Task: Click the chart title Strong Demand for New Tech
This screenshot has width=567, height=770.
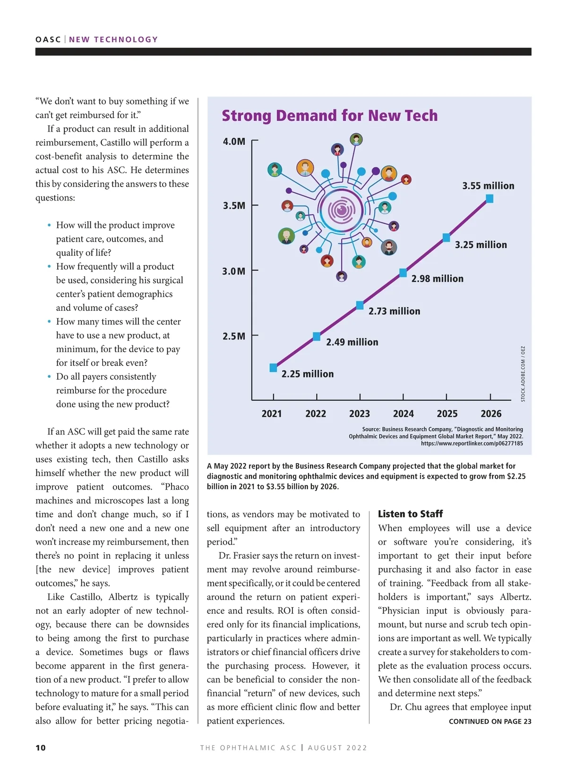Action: pos(329,116)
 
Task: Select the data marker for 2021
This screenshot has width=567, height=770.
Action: pos(273,368)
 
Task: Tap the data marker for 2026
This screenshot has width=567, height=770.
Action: pos(490,199)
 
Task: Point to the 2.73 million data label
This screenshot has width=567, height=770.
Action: pos(394,311)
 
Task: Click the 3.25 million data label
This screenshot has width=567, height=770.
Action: pos(481,245)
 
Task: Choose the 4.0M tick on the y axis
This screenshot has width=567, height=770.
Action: pos(234,142)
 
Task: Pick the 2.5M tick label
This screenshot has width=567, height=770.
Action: pos(234,336)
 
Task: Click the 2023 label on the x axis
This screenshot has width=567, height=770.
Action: pos(359,414)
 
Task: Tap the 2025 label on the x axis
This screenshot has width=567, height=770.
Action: pos(447,414)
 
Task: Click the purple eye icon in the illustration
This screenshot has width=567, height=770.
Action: pos(341,210)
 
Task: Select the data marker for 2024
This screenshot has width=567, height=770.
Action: pos(403,273)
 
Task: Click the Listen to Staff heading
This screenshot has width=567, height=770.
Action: pos(410,514)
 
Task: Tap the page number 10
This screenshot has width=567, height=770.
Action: pos(41,747)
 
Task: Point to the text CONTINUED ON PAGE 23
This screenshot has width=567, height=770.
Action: pos(490,721)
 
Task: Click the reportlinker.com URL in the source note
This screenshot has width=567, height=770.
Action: pos(472,443)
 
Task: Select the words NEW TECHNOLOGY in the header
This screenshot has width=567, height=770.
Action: pos(113,40)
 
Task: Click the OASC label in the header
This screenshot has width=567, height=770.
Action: pos(48,40)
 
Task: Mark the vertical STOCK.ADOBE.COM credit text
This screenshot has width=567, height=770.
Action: pos(523,374)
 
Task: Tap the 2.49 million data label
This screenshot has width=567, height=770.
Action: pos(352,342)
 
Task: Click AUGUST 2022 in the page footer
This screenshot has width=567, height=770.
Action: pos(337,747)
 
